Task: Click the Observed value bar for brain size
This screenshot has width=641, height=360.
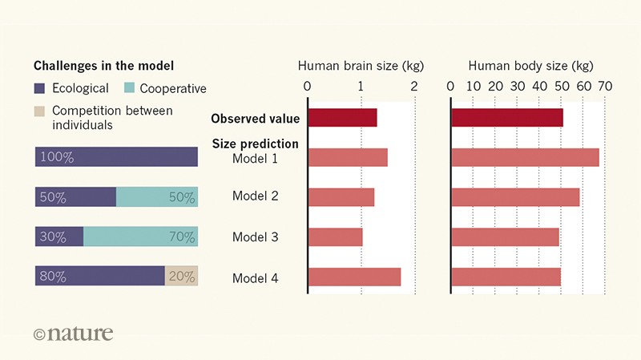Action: point(342,118)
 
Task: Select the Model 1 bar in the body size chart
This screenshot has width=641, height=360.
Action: point(525,157)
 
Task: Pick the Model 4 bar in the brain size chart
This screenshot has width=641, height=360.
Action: point(354,277)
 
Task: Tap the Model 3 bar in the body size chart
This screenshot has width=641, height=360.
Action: point(505,237)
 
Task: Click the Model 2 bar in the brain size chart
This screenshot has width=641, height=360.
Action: point(341,197)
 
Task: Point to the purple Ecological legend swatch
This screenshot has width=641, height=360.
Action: point(40,88)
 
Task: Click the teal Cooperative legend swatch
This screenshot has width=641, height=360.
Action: point(131,88)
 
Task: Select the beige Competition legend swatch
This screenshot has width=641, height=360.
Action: point(40,111)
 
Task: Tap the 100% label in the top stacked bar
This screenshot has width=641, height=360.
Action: point(57,158)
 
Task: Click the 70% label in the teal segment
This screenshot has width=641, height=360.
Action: point(181,237)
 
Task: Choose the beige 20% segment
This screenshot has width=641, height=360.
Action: point(181,277)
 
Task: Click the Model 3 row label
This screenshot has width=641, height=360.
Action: point(256,237)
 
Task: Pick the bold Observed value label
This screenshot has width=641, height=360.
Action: point(255,119)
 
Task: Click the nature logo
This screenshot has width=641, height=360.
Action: point(74,332)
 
